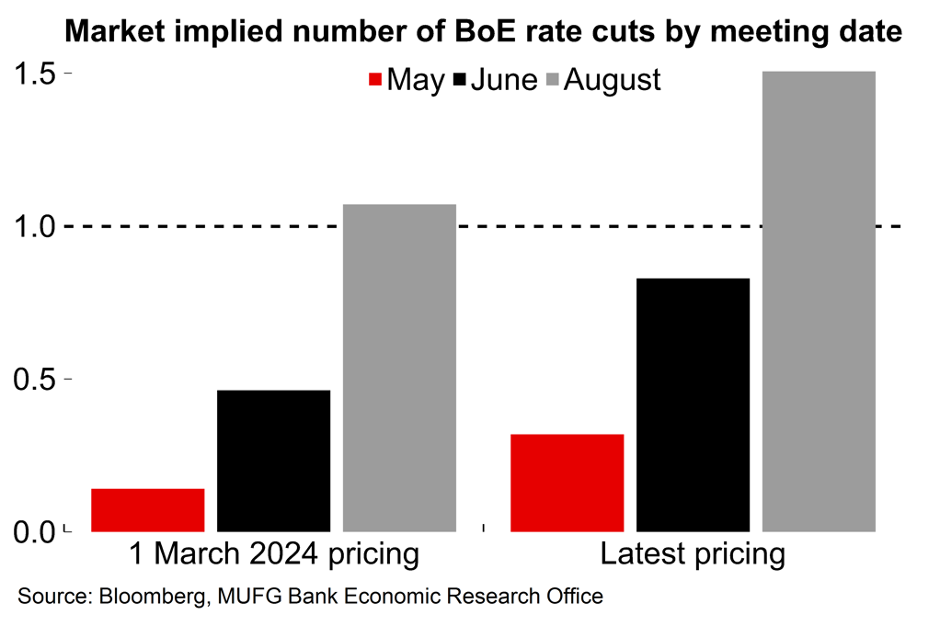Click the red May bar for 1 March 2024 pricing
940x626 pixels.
(148, 510)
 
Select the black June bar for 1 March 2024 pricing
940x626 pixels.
(274, 461)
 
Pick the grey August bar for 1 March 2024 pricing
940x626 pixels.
(399, 368)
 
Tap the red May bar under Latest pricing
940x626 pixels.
(567, 483)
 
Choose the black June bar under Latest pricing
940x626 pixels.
(693, 404)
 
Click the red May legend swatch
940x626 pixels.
(374, 80)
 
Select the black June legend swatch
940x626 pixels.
(460, 80)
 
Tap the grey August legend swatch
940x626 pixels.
(552, 80)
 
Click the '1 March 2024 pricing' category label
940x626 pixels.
(273, 555)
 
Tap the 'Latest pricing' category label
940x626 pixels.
(693, 555)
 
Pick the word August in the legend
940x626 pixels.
(612, 80)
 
